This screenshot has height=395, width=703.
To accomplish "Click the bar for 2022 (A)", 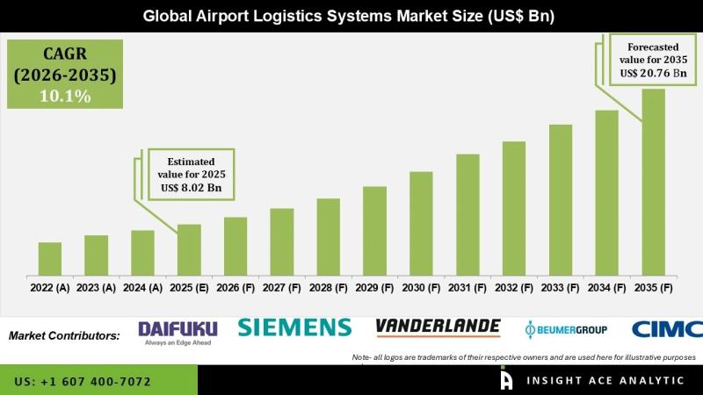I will (50, 258).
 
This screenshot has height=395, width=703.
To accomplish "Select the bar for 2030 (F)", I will (421, 223).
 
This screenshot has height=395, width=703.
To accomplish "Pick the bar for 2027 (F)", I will (282, 241).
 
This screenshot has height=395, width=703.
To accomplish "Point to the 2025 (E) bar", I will (189, 249).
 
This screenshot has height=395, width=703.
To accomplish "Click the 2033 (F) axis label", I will (560, 287).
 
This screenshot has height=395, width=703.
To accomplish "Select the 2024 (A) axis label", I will (142, 287).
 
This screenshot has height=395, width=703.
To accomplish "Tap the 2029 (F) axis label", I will (374, 287).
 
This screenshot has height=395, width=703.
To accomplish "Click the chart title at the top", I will (351, 16).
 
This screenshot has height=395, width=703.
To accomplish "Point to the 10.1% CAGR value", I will (65, 97).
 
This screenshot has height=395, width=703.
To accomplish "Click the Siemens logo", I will (294, 328).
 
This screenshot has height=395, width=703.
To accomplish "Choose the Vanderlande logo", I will (438, 327).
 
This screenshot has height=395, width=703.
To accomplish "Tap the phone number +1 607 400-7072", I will (83, 382).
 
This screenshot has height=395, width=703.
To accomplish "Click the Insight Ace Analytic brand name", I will (607, 381).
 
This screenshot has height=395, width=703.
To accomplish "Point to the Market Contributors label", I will (64, 335).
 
